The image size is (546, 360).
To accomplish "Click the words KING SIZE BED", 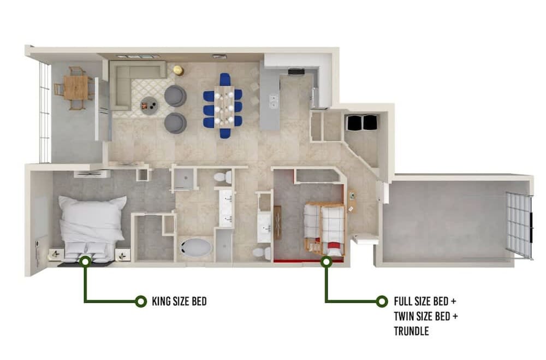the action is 179,302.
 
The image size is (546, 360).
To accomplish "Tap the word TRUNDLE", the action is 411,331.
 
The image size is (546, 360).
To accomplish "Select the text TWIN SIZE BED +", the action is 426,316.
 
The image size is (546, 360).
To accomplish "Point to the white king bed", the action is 91,228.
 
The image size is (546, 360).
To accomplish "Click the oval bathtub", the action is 195,248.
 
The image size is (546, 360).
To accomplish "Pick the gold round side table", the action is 179,70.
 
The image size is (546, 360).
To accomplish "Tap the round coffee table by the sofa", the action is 150,105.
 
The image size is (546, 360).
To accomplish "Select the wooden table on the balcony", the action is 75,87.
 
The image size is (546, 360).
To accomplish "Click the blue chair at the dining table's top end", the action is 225,79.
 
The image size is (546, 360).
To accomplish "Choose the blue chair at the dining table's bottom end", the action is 225,133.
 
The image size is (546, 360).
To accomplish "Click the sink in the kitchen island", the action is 274,101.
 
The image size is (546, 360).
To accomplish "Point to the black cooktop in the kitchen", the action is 296,72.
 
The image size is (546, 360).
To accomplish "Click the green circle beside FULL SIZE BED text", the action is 382,302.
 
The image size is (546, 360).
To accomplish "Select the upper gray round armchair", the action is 175,96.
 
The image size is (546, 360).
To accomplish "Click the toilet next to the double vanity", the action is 223,177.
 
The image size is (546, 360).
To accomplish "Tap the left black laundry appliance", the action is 353,123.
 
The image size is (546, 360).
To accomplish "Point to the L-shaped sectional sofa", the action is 131,84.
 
